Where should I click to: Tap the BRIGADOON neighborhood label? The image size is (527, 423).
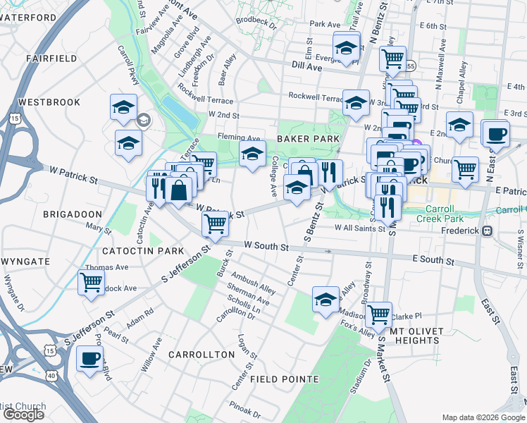pyautogui.click(x=73, y=214)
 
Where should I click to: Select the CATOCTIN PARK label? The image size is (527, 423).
pyautogui.click(x=142, y=251)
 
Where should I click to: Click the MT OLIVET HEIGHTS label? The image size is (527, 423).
pyautogui.click(x=414, y=335)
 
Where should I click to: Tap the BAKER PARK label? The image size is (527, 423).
pyautogui.click(x=308, y=139)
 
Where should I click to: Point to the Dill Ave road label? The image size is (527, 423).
pyautogui.click(x=306, y=66)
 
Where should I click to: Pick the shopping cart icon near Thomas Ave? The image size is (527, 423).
pyautogui.click(x=92, y=283)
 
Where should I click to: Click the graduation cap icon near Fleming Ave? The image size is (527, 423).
pyautogui.click(x=252, y=153)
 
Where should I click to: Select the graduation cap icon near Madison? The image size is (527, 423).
pyautogui.click(x=325, y=299)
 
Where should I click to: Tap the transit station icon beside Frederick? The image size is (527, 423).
pyautogui.click(x=486, y=231)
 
